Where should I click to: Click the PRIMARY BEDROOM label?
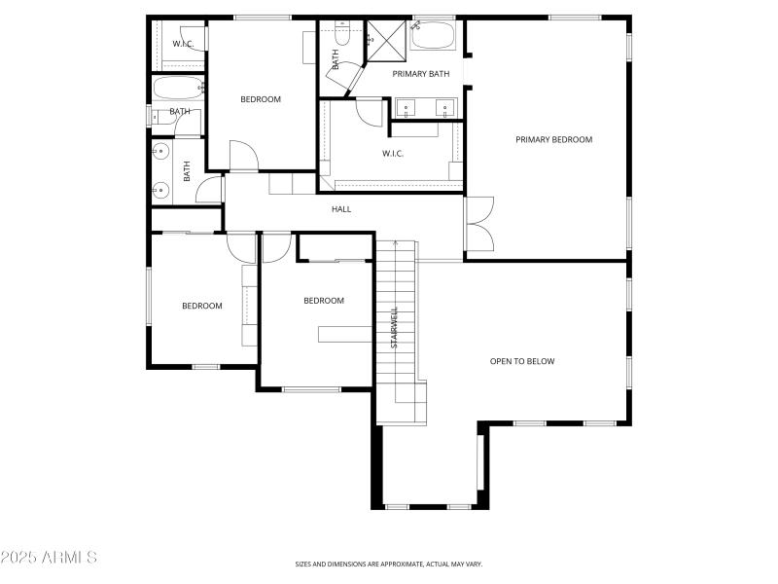tap(553, 139)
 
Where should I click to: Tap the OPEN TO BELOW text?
tap(522, 361)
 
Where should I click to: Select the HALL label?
tap(341, 209)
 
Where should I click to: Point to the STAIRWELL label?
tap(395, 328)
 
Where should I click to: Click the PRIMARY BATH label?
tap(421, 74)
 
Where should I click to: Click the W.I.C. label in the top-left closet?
tap(184, 44)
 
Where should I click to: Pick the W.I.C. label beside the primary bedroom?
tap(393, 153)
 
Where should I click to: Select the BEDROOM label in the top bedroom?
tap(261, 99)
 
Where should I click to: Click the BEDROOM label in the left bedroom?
tap(202, 306)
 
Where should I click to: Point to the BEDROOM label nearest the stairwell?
tap(324, 301)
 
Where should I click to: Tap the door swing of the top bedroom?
tap(242, 157)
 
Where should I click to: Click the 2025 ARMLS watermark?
tap(49, 558)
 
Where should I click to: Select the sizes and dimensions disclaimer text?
tap(389, 564)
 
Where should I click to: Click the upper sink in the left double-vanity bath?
tap(160, 153)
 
